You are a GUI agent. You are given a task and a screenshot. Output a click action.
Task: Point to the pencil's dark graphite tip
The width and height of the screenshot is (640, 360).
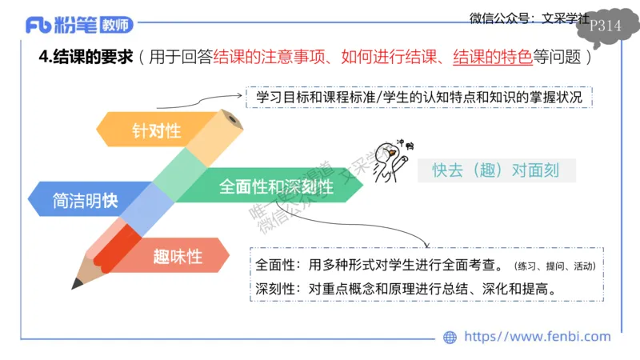click(78, 282)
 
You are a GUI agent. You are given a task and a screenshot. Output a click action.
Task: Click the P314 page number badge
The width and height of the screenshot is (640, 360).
click(604, 26)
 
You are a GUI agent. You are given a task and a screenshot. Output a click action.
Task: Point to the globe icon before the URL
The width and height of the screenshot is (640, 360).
click(450, 338)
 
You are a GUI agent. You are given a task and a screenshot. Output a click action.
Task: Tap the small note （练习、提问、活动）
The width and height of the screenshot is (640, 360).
click(555, 266)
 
